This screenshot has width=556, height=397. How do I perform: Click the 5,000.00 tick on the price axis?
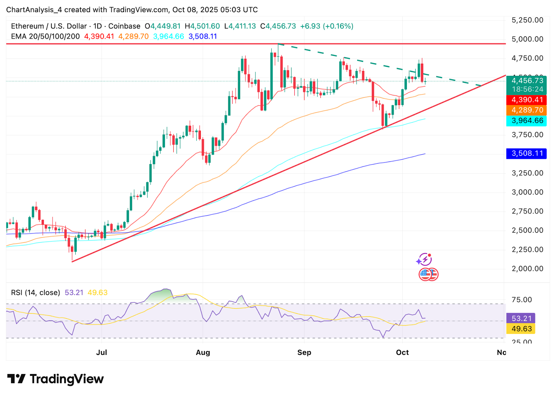(527, 39)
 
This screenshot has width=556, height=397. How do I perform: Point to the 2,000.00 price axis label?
(527, 268)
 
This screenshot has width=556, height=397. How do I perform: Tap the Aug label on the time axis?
(203, 353)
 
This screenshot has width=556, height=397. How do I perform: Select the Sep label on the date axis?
(304, 353)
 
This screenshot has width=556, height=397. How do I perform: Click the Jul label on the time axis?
(101, 353)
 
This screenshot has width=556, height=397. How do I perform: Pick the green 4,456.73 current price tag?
(526, 81)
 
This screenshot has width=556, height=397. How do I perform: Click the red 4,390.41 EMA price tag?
(526, 100)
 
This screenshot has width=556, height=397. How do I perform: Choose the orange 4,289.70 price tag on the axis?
(526, 110)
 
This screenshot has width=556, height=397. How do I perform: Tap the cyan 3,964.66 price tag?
(526, 121)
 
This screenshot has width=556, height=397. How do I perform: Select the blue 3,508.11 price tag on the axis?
(526, 154)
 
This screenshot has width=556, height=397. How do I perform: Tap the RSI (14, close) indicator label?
(35, 293)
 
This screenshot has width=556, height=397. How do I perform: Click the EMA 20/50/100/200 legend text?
(45, 37)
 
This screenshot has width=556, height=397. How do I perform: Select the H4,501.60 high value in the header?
(202, 26)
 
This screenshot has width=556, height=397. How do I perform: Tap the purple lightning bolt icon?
(424, 259)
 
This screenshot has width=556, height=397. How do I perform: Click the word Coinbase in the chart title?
(124, 26)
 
